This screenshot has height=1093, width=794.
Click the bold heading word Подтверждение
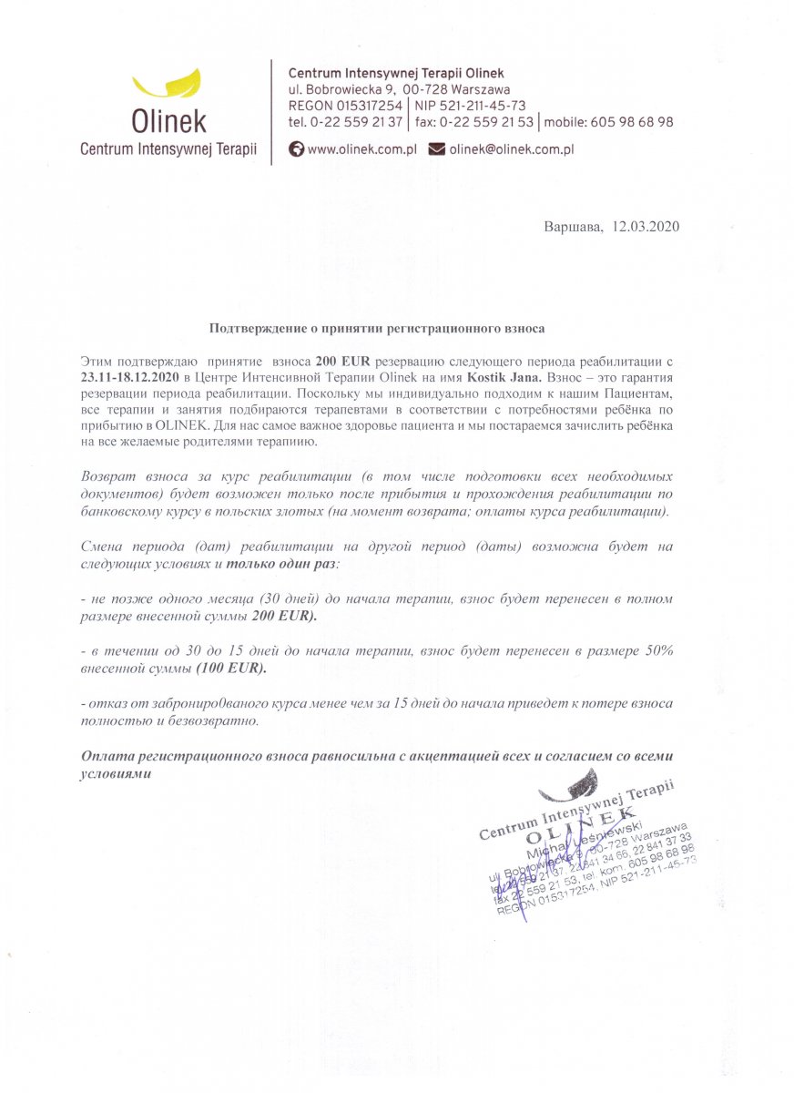coord(260,326)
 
